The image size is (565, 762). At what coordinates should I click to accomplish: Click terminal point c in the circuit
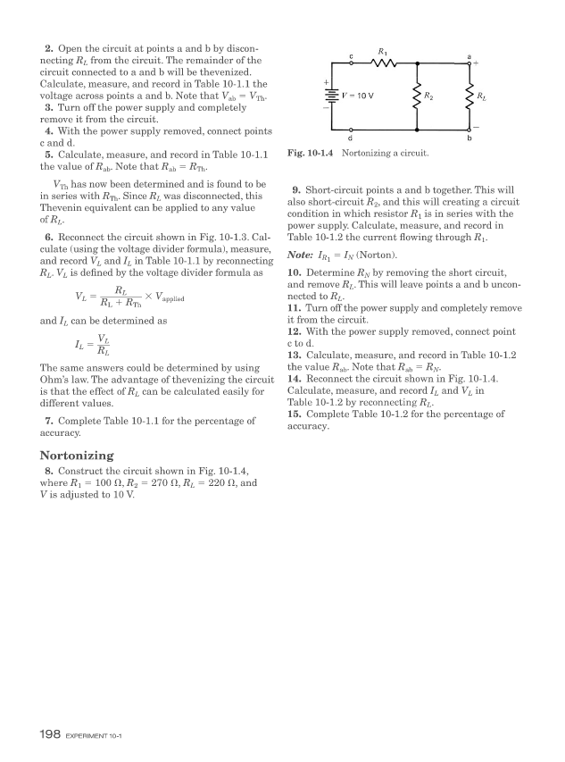pyautogui.click(x=351, y=63)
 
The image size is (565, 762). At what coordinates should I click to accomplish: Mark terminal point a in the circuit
pyautogui.click(x=469, y=63)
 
